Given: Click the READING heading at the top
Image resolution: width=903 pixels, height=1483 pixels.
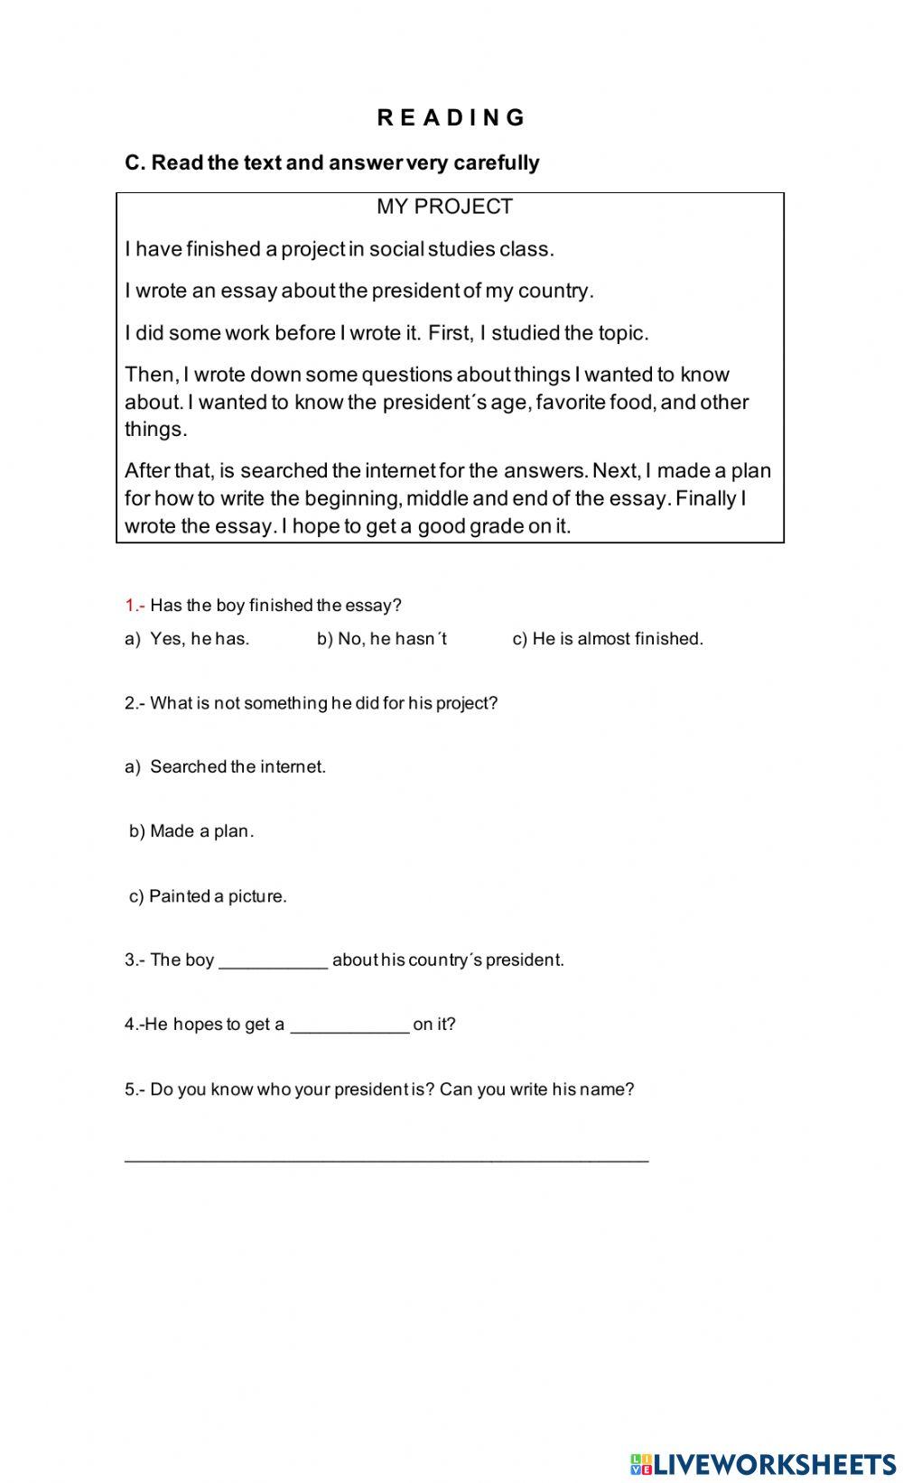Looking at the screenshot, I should coord(451,117).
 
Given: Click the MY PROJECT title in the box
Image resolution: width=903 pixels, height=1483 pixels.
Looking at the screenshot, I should coord(444,207).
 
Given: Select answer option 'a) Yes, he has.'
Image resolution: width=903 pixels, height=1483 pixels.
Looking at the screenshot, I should coord(187,639).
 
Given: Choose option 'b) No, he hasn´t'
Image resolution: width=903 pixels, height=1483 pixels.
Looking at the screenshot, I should coord(382,639).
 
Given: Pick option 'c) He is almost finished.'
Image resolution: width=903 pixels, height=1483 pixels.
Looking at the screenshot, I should coord(608,639).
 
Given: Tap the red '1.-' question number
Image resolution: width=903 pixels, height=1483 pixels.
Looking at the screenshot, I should coord(135,606).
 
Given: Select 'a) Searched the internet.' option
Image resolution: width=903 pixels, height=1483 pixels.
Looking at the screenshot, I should coord(225,767).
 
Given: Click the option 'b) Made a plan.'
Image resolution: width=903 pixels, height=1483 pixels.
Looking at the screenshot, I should coord(191,831).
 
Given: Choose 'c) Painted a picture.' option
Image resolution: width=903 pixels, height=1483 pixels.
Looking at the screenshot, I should coord(208,896).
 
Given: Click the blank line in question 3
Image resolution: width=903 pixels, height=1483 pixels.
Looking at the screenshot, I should coord(273,963).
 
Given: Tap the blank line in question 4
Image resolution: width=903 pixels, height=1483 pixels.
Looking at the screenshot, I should coord(349,1027).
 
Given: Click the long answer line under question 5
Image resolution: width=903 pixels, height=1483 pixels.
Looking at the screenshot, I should coord(386,1158).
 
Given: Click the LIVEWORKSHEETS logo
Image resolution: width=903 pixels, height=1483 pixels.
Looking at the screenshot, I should coord(763,1463).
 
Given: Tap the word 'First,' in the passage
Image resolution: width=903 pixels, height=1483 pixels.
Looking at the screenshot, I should coord(451,333).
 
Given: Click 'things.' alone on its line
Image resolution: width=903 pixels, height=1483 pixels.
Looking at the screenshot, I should coord(156,430).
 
